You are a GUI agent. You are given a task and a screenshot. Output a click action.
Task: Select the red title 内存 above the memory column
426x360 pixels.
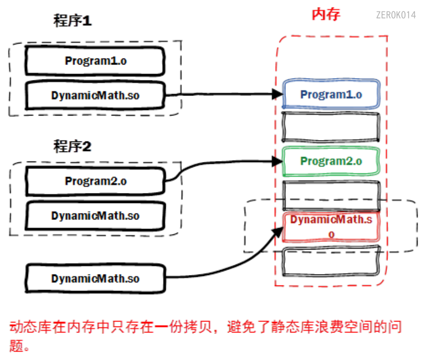pos(326,14)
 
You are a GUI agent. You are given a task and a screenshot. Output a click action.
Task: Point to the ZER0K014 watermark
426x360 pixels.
pos(395,15)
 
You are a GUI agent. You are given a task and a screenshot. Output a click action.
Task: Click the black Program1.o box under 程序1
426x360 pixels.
pos(95,61)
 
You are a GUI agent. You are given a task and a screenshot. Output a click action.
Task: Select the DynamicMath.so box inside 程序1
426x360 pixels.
pos(95,95)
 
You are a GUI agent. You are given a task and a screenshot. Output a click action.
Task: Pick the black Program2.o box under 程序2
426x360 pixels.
pos(95,181)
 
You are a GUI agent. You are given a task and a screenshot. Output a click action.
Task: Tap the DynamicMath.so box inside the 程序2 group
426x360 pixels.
pos(95,216)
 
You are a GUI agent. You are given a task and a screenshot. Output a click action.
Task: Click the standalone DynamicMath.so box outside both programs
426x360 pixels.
pos(95,278)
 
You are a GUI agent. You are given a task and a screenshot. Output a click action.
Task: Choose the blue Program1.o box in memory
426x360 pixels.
pos(331,94)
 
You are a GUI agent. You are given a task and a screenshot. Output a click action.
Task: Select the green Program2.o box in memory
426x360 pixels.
pos(331,161)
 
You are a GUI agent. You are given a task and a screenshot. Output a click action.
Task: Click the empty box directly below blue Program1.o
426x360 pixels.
pos(331,127)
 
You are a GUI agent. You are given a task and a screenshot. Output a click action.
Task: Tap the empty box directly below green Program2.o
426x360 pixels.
pos(331,194)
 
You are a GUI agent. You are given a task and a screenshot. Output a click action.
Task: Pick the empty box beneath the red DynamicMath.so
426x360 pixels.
pos(331,261)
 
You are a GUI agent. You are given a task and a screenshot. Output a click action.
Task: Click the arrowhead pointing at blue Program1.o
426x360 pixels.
pos(277,93)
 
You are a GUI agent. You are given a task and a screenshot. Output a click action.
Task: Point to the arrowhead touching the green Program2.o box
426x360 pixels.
pos(277,161)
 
